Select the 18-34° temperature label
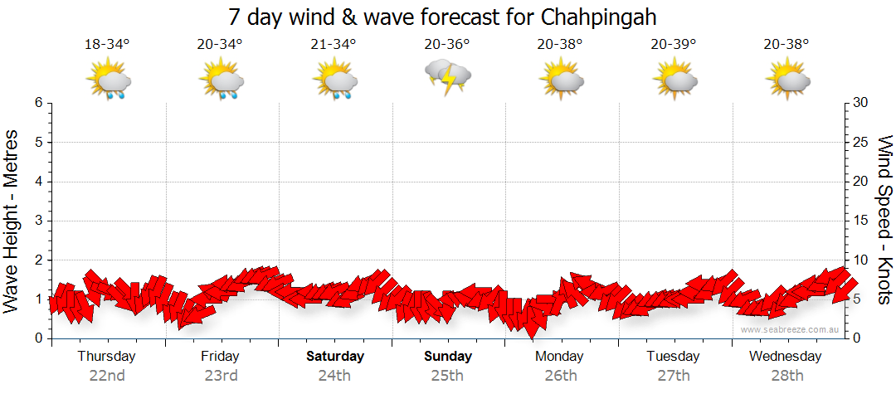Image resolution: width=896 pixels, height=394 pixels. tap(107, 44)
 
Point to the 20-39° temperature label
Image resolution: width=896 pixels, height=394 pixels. tap(673, 44)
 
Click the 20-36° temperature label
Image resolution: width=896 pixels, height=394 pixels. tap(447, 44)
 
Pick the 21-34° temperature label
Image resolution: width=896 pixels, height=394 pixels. tap(334, 44)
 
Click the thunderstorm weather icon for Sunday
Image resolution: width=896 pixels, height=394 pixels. tap(448, 77)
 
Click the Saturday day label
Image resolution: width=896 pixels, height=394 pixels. tap(335, 357)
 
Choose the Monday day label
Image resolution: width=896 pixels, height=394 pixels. tap(560, 357)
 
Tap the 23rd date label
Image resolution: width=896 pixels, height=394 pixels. tap(221, 375)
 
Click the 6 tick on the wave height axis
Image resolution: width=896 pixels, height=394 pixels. tap(38, 103)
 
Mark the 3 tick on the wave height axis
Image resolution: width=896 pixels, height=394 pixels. tap(38, 221)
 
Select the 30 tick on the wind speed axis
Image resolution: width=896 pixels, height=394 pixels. tap(860, 103)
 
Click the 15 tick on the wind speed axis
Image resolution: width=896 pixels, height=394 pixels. tap(860, 221)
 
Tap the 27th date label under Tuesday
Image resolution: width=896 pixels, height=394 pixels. tap(674, 375)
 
